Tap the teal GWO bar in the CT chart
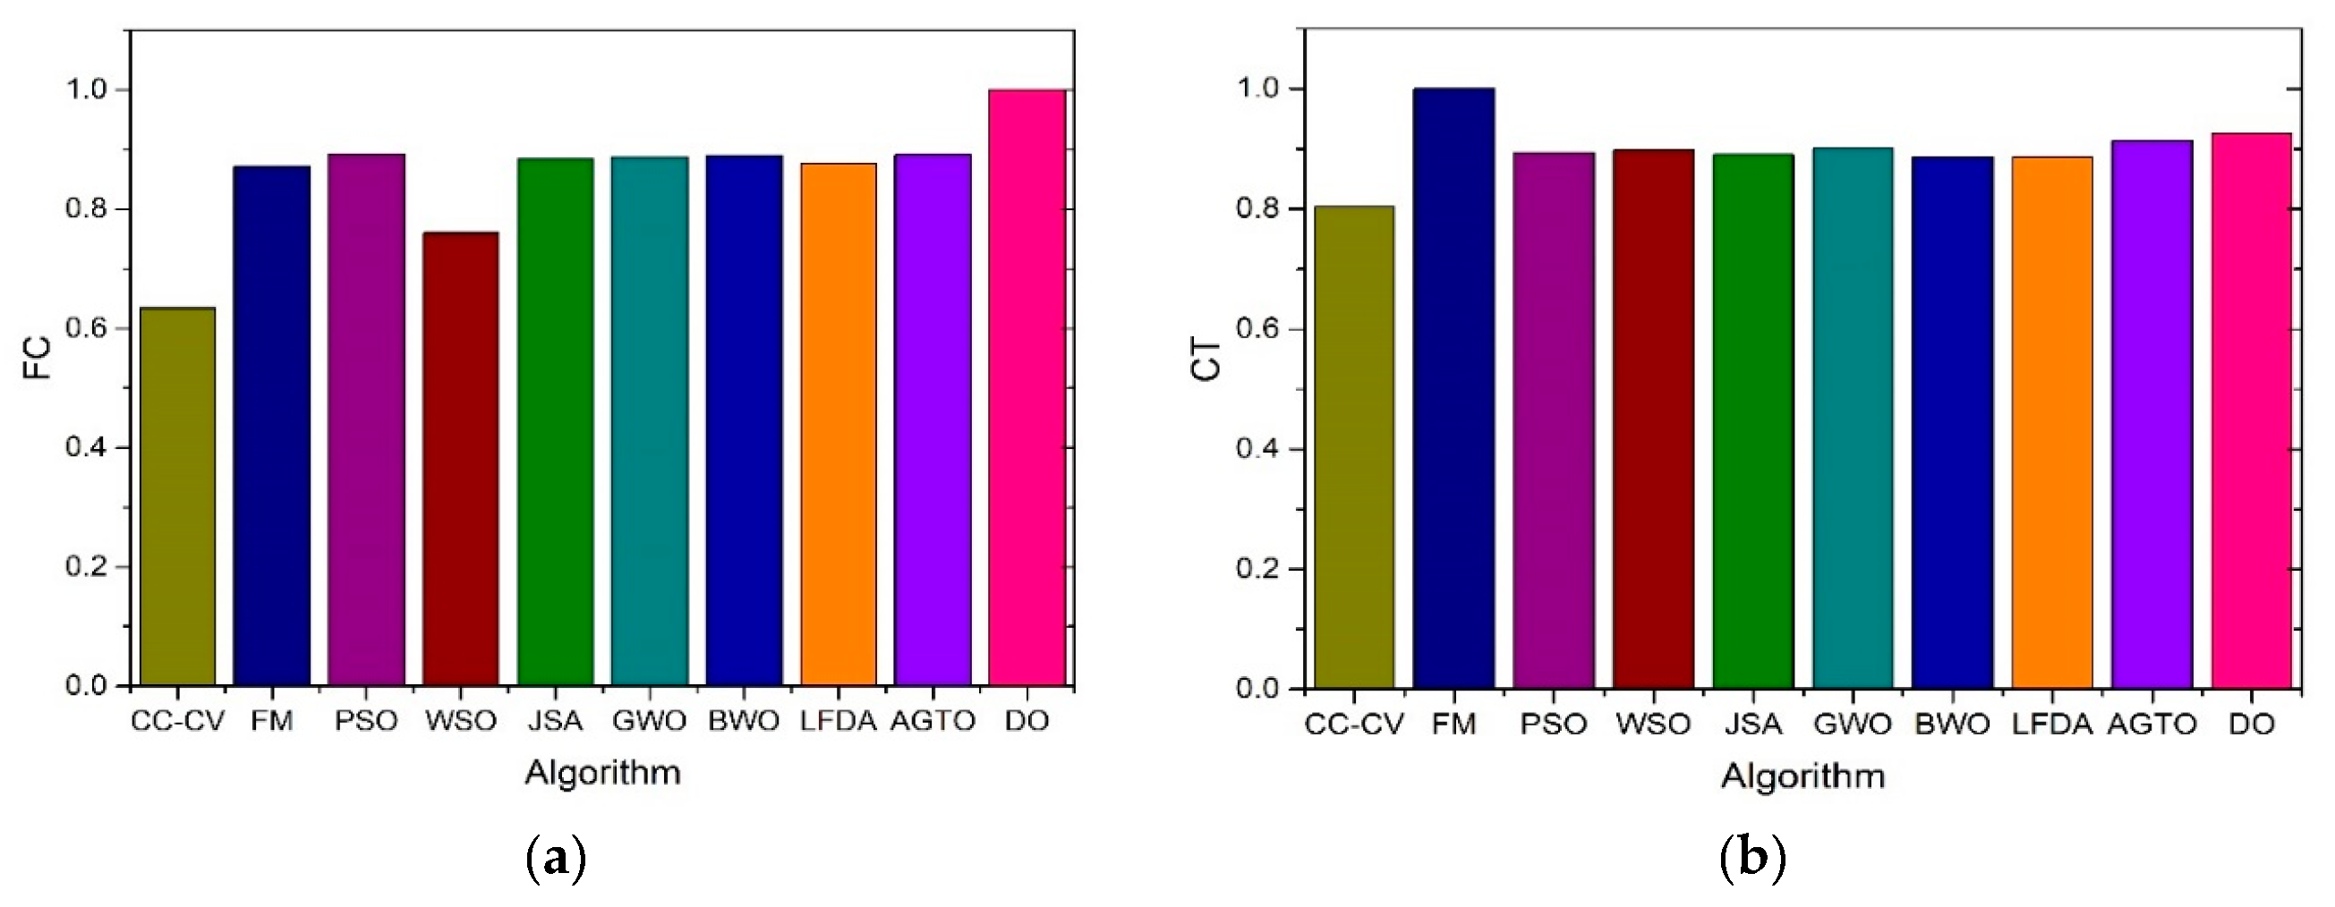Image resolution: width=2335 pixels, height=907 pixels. click(x=1852, y=418)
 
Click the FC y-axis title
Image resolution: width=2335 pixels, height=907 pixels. click(x=37, y=359)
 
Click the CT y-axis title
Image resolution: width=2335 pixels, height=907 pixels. click(x=1207, y=359)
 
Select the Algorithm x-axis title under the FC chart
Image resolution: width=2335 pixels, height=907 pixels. click(x=603, y=773)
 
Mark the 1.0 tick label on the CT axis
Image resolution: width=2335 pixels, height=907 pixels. click(x=1258, y=89)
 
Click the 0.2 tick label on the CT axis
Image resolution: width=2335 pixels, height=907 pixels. click(x=1258, y=569)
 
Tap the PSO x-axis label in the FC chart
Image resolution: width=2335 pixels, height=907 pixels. click(x=366, y=721)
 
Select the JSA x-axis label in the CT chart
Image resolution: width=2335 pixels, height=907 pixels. click(x=1752, y=725)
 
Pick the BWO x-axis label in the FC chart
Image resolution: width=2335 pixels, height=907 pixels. click(x=744, y=721)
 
